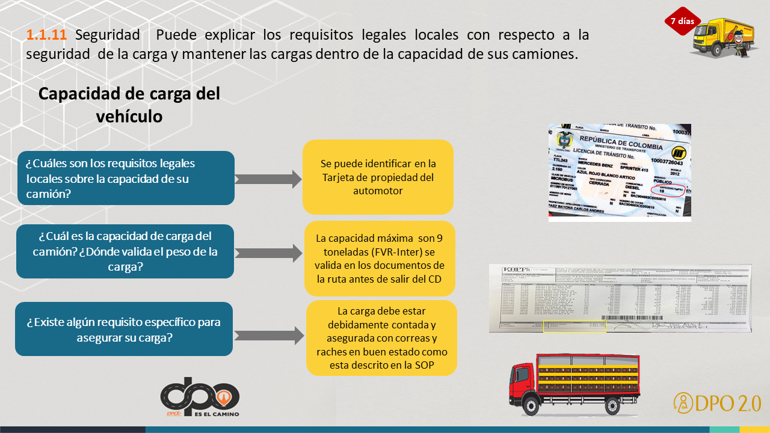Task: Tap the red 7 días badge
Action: (682, 21)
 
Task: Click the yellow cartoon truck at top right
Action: (722, 38)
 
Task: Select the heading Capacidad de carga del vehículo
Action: (129, 105)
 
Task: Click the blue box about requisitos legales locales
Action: (126, 178)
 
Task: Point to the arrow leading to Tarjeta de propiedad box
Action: (268, 179)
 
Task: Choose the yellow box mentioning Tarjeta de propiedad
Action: (378, 177)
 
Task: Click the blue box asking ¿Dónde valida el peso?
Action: (125, 251)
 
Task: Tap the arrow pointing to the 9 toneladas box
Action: (268, 253)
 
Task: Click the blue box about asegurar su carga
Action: (124, 330)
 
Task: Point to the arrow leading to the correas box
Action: (268, 336)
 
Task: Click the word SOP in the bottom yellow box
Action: (422, 365)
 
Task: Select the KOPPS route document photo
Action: (620, 298)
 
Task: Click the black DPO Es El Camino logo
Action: (200, 397)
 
